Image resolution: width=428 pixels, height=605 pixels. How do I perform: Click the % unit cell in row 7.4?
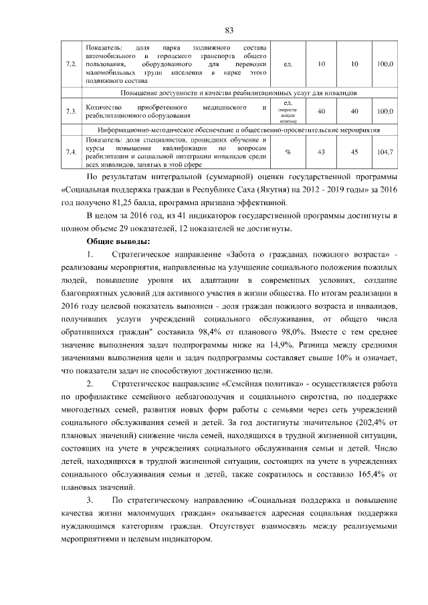coord(288,152)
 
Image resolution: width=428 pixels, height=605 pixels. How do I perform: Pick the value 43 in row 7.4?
coord(321,152)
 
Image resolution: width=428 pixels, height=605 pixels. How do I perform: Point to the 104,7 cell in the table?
coord(385,152)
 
